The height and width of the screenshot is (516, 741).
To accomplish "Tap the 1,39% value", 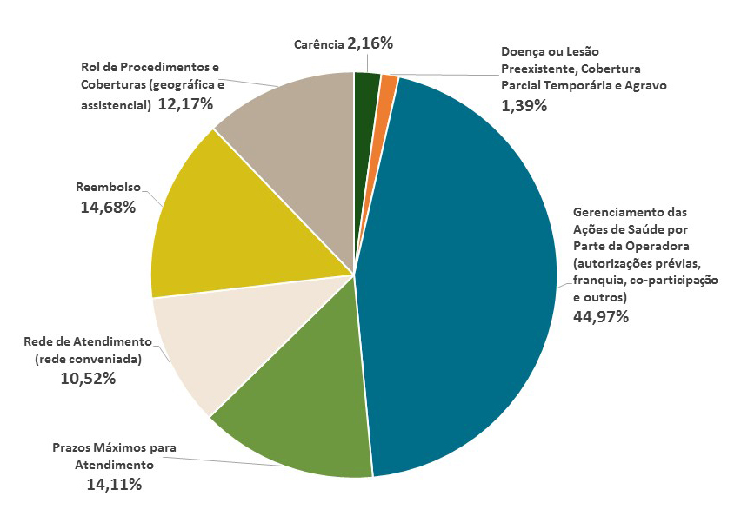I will coord(524,105).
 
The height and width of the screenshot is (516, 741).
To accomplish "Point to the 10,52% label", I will coord(88,378).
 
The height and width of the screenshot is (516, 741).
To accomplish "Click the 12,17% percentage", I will coord(185,105).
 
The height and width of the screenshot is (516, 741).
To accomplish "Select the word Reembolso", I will coord(110,187).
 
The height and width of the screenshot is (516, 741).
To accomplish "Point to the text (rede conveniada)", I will coord(88,359).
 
